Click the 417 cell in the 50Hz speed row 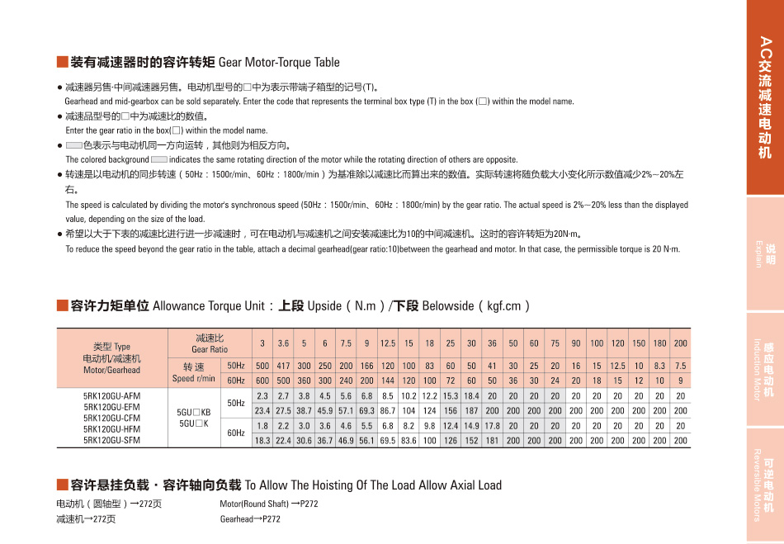coord(283,366)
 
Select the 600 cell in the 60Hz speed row coord(262,381)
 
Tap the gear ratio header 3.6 coord(283,343)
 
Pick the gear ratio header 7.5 coord(346,343)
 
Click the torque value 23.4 coord(262,410)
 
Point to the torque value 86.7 coord(388,410)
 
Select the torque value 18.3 coord(262,441)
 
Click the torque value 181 coord(492,441)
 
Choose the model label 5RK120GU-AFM coord(112,396)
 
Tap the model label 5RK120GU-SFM coord(112,441)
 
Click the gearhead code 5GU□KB coord(195,412)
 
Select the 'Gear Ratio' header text coord(210,349)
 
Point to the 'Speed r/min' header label coord(194,379)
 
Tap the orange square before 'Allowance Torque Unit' coord(62,305)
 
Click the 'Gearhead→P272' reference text coord(250,519)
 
